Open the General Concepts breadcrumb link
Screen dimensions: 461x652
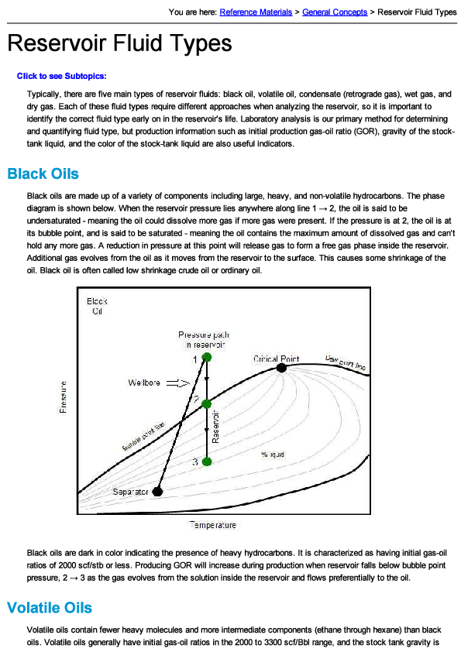(335, 12)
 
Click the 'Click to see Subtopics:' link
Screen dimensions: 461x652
(61, 76)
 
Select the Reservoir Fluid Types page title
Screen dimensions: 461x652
(119, 43)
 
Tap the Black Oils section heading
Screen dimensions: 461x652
(43, 173)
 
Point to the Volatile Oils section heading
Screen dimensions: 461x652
(50, 608)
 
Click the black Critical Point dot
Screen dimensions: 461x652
(281, 369)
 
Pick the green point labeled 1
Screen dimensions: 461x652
(206, 357)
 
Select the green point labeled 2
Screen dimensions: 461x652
(206, 403)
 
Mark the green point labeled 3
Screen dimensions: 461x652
(206, 462)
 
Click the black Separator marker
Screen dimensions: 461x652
(157, 492)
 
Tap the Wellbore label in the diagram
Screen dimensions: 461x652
(146, 383)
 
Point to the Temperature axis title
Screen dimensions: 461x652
(213, 525)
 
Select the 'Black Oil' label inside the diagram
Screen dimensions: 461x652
(98, 306)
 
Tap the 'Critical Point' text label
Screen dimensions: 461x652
(276, 359)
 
